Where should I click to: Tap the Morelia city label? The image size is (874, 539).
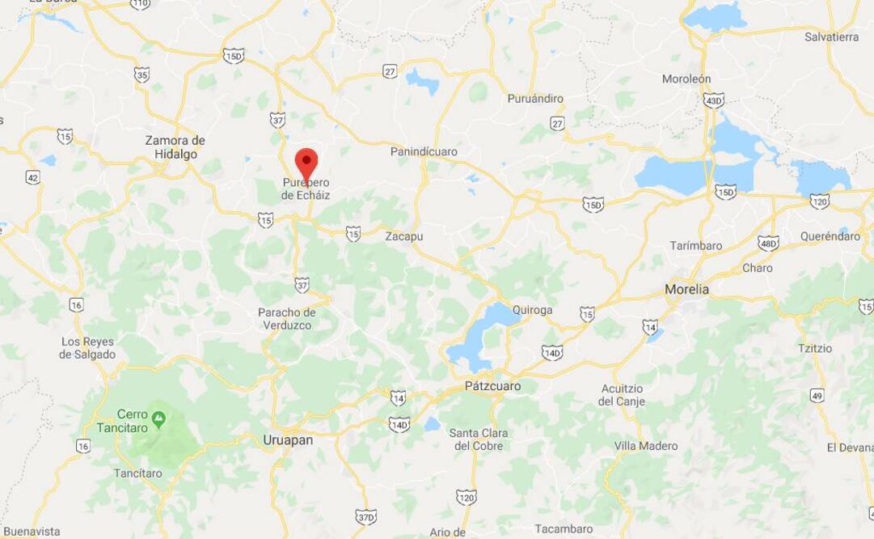click(x=686, y=289)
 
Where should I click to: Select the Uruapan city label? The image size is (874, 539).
click(x=287, y=439)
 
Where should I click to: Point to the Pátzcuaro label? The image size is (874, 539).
click(x=492, y=386)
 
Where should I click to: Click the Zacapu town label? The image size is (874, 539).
click(x=403, y=236)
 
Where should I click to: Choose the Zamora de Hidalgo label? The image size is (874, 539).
click(x=175, y=146)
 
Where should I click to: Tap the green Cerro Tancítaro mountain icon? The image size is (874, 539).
click(x=159, y=418)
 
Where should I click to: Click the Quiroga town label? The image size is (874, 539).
click(x=532, y=309)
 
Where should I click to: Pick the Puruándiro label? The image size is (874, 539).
click(x=534, y=99)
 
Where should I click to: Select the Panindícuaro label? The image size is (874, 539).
click(x=424, y=151)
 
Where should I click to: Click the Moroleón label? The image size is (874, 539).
click(x=686, y=79)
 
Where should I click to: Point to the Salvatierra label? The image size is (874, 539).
click(x=831, y=37)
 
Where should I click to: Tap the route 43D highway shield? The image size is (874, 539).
click(x=713, y=100)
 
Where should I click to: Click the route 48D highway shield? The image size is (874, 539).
click(x=768, y=243)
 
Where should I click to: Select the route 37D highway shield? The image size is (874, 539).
click(x=365, y=516)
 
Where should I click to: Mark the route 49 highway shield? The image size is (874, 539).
click(x=817, y=396)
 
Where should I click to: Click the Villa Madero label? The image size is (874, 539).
click(x=646, y=446)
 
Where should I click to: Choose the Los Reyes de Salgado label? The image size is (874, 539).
click(x=88, y=347)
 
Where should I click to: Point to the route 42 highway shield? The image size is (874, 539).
click(x=32, y=177)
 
